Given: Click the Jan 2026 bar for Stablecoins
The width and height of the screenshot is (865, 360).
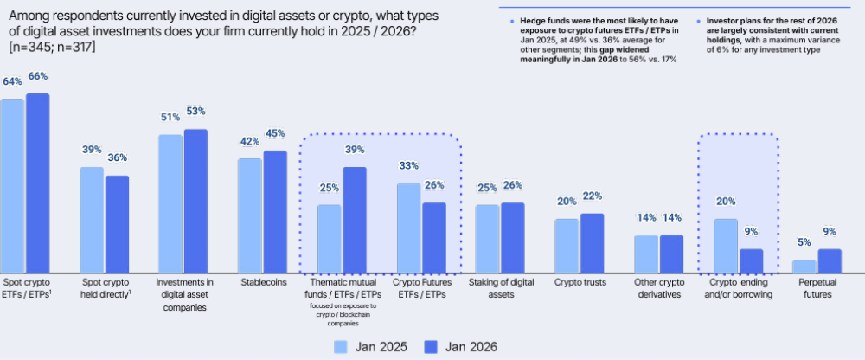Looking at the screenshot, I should [x=275, y=211].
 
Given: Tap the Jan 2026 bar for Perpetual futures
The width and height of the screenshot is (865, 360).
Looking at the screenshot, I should [x=830, y=260].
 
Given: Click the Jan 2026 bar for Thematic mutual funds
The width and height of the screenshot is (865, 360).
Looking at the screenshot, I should [x=355, y=219].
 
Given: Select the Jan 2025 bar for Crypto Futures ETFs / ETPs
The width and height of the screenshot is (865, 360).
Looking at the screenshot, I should [x=408, y=227].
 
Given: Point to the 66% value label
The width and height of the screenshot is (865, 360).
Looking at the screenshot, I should [x=38, y=76].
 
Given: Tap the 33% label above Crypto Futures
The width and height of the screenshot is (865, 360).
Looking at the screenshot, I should [x=407, y=166].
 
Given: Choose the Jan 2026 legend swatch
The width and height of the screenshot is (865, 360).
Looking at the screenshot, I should [x=430, y=346].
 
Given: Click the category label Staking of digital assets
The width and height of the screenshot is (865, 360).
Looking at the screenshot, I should [x=501, y=288].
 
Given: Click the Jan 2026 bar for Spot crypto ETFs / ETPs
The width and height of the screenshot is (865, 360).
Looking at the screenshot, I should [x=38, y=183].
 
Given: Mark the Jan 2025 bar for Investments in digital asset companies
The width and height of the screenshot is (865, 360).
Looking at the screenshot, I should [x=170, y=203].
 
